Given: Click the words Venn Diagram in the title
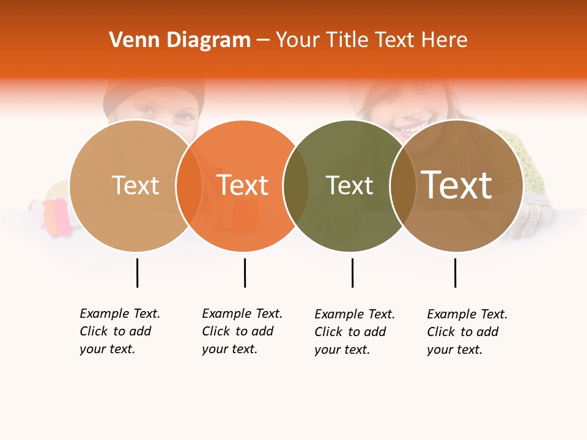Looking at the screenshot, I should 180,40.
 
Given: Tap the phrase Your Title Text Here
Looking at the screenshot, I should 371,40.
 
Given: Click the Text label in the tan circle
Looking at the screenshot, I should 136,186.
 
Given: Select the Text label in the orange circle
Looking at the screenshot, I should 243,186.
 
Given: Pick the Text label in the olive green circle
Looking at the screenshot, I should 349,186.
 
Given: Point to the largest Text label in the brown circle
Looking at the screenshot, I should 457,185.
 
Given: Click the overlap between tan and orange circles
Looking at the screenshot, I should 189,186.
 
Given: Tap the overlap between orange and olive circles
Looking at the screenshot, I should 296,186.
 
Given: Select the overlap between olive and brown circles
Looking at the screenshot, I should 402,186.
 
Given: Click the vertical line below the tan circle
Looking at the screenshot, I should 137,273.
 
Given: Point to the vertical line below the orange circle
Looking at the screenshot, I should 245,273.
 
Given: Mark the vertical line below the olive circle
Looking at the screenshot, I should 352,273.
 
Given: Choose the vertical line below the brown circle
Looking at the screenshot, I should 455,273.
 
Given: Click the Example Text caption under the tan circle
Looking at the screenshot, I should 119,331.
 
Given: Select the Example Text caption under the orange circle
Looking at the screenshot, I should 242,331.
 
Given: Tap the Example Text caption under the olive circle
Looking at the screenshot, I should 354,332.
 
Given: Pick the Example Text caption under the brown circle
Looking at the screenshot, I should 467,332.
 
